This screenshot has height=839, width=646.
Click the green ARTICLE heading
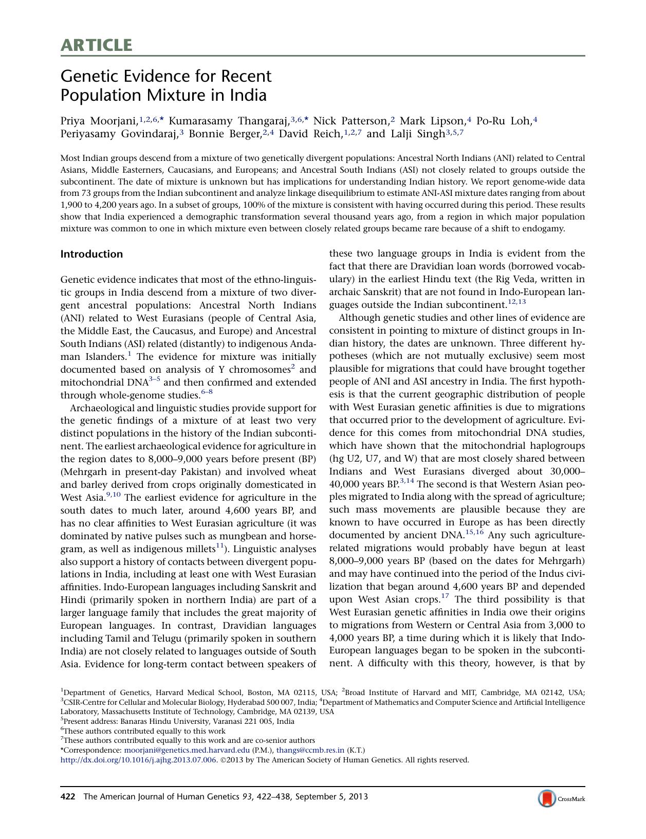coord(96,45)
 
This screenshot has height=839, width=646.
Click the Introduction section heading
coord(91,254)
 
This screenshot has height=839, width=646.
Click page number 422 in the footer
coord(68,797)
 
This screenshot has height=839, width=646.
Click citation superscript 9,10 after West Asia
coord(113,495)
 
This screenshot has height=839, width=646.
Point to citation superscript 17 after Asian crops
coord(445,596)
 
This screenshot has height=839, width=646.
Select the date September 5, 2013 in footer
coord(335,797)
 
